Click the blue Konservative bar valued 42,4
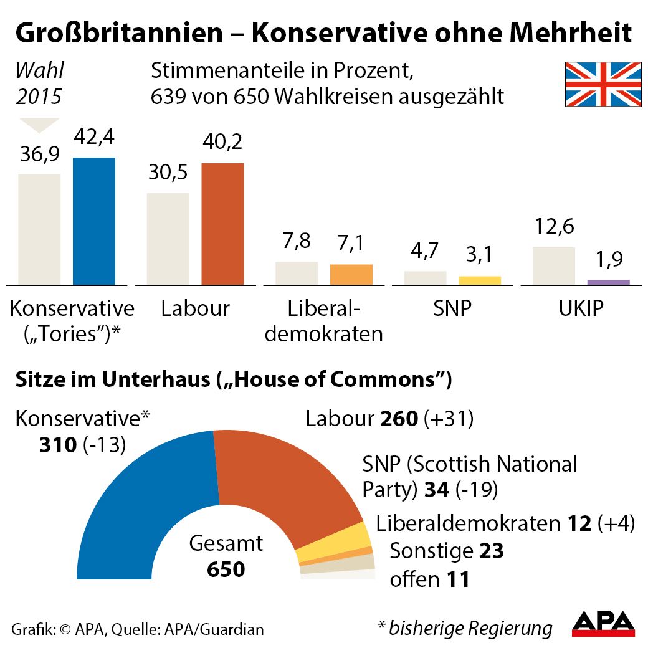tap(94, 221)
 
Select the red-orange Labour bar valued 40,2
tap(222, 224)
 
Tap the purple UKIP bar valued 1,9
tap(608, 282)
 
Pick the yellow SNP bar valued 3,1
tap(480, 280)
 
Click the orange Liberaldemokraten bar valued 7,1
tap(351, 275)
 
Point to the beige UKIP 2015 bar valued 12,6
tap(554, 266)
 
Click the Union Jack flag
tap(603, 84)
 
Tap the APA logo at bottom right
tap(603, 624)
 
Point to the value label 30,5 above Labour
tap(168, 173)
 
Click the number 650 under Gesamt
tap(226, 569)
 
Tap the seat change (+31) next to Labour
tap(449, 419)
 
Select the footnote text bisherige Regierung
tap(470, 628)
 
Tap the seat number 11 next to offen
tap(458, 579)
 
